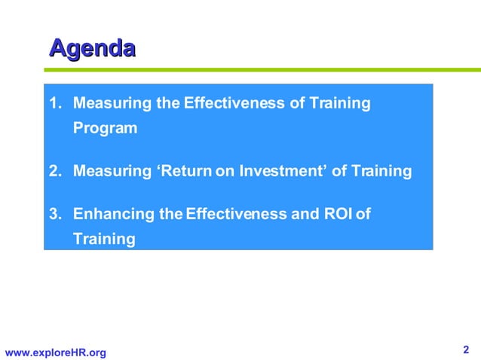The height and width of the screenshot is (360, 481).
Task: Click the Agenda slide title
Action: click(92, 49)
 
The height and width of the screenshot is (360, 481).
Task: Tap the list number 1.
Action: click(54, 103)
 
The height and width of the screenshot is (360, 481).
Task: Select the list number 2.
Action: click(54, 171)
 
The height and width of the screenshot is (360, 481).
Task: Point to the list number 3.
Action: click(54, 214)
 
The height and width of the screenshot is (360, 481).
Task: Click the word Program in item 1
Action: click(105, 128)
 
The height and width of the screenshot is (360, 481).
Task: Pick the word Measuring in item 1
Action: click(112, 103)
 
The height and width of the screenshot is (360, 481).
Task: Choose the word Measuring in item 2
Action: click(112, 171)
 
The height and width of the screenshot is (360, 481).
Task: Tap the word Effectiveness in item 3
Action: click(236, 214)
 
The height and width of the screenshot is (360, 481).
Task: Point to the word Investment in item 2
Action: click(283, 171)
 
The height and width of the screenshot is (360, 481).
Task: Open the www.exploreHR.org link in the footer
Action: click(56, 352)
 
